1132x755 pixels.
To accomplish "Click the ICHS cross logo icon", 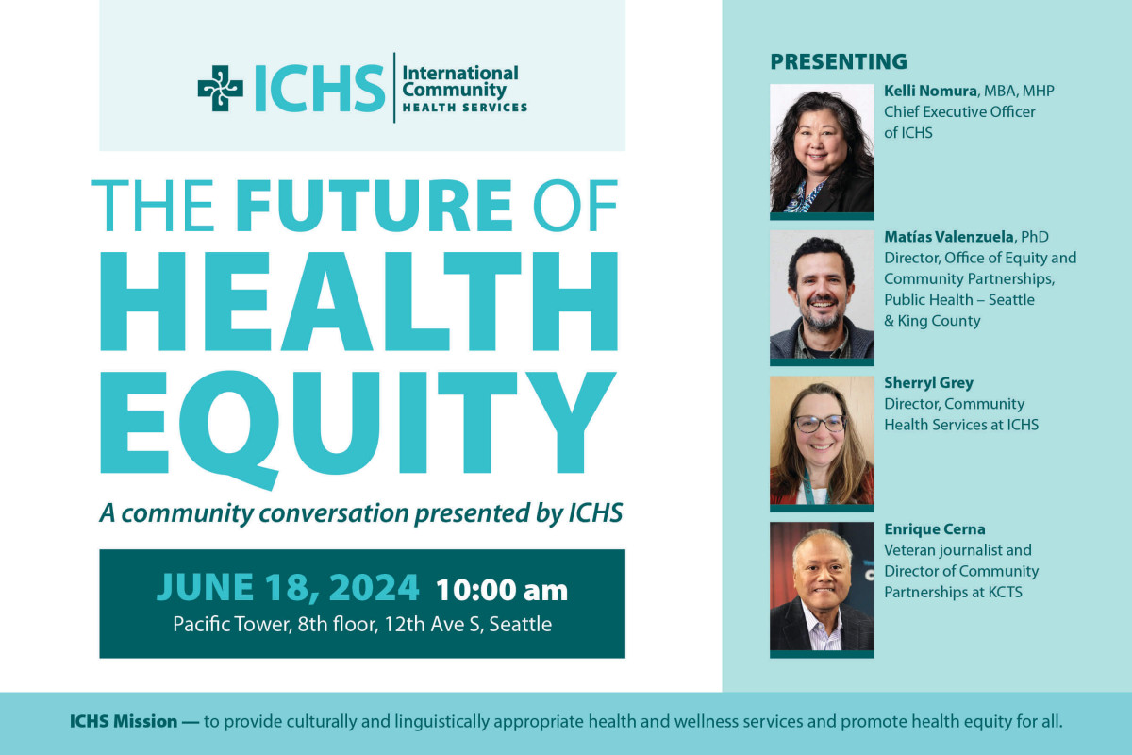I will (220, 89).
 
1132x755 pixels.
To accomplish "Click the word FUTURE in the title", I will (375, 205).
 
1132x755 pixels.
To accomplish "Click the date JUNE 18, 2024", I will (288, 588).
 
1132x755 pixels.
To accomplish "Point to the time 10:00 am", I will (501, 590).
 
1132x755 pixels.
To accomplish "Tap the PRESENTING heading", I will (839, 62).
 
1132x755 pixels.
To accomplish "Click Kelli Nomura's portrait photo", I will (822, 148).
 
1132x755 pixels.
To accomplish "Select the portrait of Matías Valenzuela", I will (822, 294).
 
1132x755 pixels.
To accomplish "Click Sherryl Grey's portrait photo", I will (822, 440).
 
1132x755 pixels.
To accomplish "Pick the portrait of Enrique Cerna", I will (822, 586).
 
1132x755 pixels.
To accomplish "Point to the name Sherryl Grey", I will (928, 383).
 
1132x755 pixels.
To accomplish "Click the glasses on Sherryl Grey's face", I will (819, 424).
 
